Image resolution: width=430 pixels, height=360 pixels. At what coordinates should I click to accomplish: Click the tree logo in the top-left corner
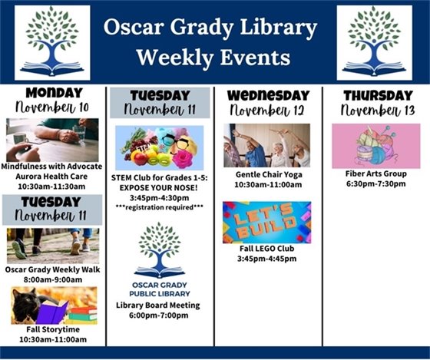[52, 43]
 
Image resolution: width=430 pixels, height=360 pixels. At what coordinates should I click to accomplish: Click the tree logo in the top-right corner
[374, 43]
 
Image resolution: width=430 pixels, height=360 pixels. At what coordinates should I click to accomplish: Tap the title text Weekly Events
[213, 58]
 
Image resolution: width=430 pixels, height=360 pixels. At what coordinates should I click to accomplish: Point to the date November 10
[52, 108]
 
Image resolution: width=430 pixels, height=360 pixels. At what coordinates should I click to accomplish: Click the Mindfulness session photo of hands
[52, 140]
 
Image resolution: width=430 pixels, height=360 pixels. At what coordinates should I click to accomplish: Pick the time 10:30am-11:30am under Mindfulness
[52, 185]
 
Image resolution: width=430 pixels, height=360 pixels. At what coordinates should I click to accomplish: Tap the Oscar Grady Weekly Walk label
[52, 269]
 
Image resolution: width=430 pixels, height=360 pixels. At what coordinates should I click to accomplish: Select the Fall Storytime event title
[52, 329]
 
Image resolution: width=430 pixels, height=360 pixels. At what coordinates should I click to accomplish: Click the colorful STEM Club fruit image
[160, 147]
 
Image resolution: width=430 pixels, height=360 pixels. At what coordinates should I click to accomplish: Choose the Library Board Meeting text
[160, 305]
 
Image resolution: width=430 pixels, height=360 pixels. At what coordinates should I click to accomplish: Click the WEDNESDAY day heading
[266, 95]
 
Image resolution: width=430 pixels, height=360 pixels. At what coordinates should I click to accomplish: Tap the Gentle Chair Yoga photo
[266, 145]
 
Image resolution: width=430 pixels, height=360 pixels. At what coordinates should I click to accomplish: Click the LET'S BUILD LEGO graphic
[266, 223]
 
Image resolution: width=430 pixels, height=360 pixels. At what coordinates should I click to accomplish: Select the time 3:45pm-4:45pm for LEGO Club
[266, 259]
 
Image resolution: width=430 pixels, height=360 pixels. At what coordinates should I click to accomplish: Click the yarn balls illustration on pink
[375, 146]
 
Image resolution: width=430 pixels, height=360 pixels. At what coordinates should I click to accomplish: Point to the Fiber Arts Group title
[375, 173]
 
